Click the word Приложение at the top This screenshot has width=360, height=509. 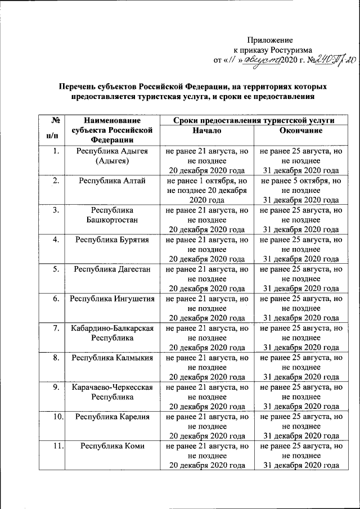[x=271, y=39]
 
